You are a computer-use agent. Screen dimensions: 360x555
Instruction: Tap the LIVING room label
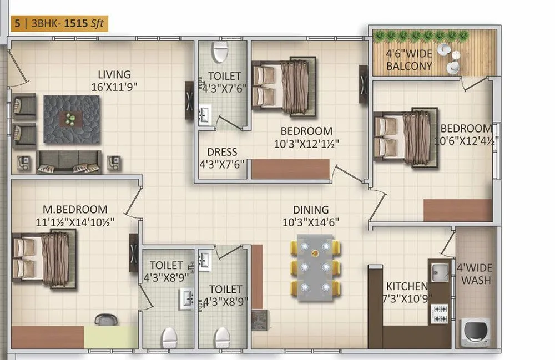click(114, 74)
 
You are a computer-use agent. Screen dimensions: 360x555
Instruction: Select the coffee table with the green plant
click(72, 118)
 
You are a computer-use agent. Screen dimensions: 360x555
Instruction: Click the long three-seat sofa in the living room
click(69, 161)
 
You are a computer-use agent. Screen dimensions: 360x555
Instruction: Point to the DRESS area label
click(222, 152)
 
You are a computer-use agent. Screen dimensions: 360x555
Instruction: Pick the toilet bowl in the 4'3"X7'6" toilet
click(220, 52)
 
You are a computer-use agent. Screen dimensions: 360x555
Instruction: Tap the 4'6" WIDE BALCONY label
click(410, 60)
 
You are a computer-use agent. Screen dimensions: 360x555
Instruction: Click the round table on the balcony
click(444, 49)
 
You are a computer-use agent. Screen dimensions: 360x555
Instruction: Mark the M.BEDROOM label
click(75, 210)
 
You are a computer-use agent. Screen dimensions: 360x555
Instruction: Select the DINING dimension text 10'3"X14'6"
click(311, 222)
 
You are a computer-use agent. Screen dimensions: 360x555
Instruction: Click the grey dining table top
click(315, 267)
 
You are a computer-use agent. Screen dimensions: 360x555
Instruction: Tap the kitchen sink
click(440, 272)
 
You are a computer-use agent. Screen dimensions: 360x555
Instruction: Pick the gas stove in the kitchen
click(440, 313)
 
